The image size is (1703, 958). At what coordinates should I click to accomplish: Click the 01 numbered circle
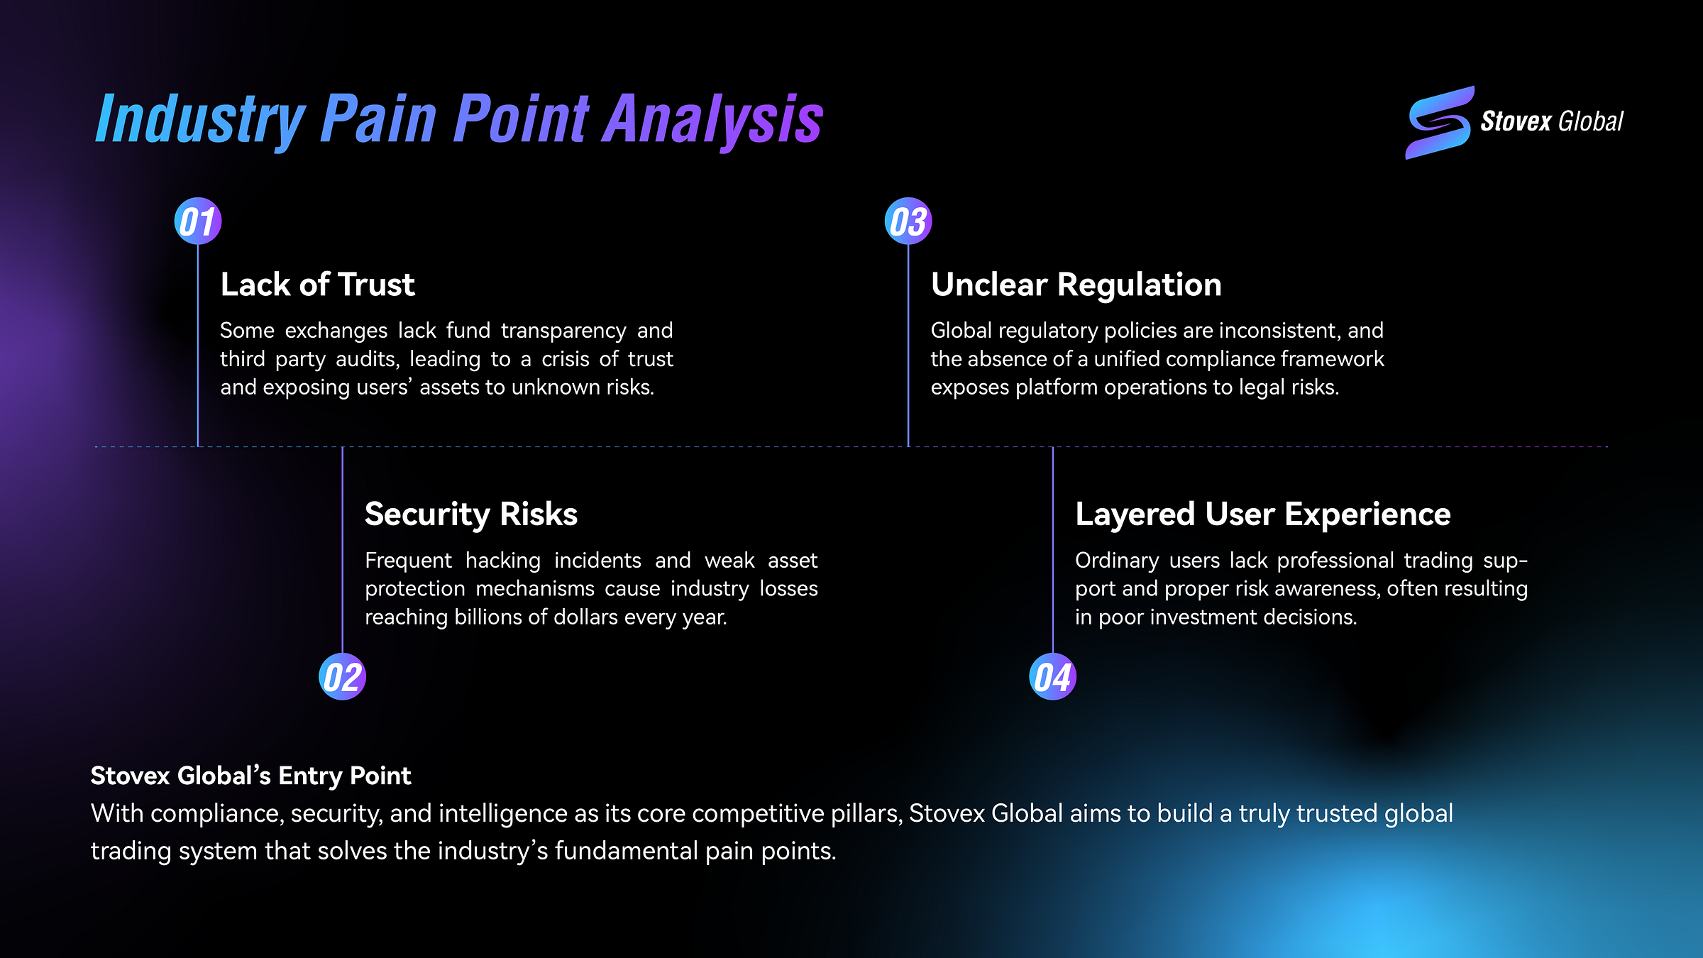pos(198,221)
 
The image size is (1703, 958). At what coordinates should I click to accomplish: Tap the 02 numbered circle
pos(342,677)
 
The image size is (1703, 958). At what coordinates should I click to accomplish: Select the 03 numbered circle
pos(908,221)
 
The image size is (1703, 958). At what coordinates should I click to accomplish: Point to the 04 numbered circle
pos(1052,677)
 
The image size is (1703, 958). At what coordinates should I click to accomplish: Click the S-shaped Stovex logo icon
pos(1439,122)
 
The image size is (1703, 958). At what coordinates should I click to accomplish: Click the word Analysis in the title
pos(712,119)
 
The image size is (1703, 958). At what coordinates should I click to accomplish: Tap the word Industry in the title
pos(201,119)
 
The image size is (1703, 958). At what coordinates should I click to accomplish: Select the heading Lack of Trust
pos(317,285)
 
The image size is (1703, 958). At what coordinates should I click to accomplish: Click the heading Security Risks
pos(470,514)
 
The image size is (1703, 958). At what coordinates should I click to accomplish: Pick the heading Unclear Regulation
pos(1076,285)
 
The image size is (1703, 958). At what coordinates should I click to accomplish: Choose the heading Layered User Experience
pos(1262,514)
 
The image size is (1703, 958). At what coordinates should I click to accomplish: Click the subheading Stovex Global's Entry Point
pos(250,776)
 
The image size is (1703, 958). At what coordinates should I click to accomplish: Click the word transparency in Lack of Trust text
pos(563,331)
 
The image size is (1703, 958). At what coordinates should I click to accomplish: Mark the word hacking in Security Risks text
pos(503,561)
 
